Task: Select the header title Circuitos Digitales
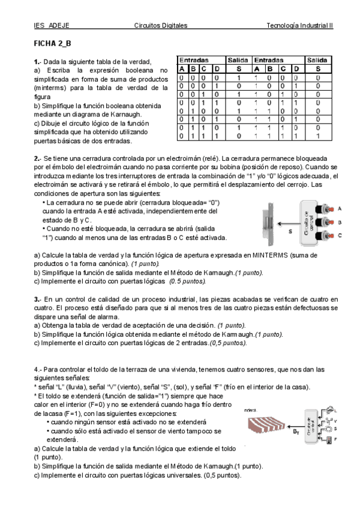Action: pos(161,26)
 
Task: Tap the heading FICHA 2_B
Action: pos(52,44)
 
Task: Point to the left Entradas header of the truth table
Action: pos(193,61)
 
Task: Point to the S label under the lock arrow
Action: pos(289,230)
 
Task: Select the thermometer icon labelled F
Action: pos(328,441)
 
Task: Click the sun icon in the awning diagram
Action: pos(328,430)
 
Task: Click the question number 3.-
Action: pos(37,299)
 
